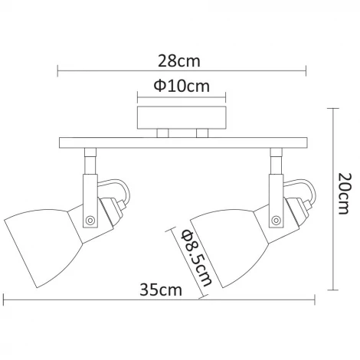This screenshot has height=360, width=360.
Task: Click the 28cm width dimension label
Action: [x=182, y=60]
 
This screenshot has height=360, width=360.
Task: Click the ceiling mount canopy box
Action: [x=182, y=118]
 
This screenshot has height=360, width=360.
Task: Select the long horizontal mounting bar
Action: [x=182, y=143]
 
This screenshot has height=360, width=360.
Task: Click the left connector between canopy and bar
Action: [x=162, y=133]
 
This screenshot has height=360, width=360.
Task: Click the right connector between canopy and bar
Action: [x=201, y=133]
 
